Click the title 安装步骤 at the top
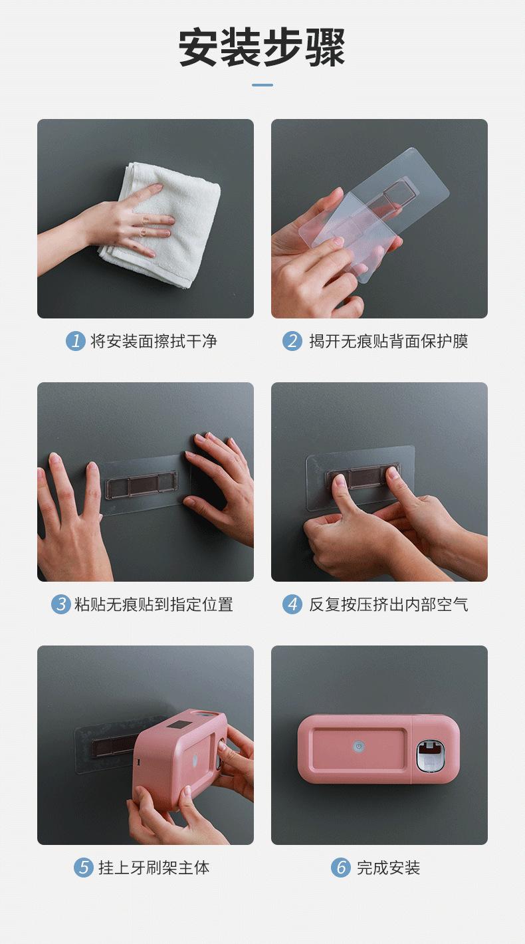262,47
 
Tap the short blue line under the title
262,85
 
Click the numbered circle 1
75,341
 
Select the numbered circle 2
292,341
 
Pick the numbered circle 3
61,604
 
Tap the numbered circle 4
292,604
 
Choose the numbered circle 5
84,868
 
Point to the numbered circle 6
340,868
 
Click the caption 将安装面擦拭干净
154,341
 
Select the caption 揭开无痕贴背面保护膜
389,341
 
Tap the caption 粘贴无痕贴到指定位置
154,604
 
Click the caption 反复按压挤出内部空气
389,604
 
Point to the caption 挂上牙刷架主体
154,868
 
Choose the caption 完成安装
389,868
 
